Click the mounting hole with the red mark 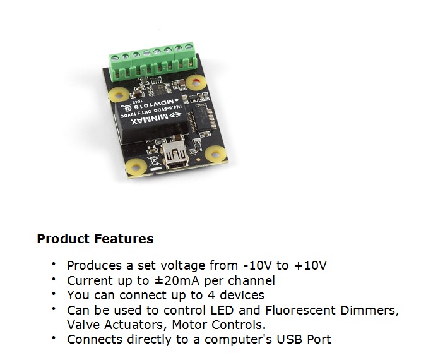pos(196,83)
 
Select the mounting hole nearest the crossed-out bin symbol pos(136,167)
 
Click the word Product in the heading pos(63,239)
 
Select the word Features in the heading pos(124,239)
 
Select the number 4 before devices pos(211,295)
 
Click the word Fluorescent pos(300,310)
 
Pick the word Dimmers pos(369,310)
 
